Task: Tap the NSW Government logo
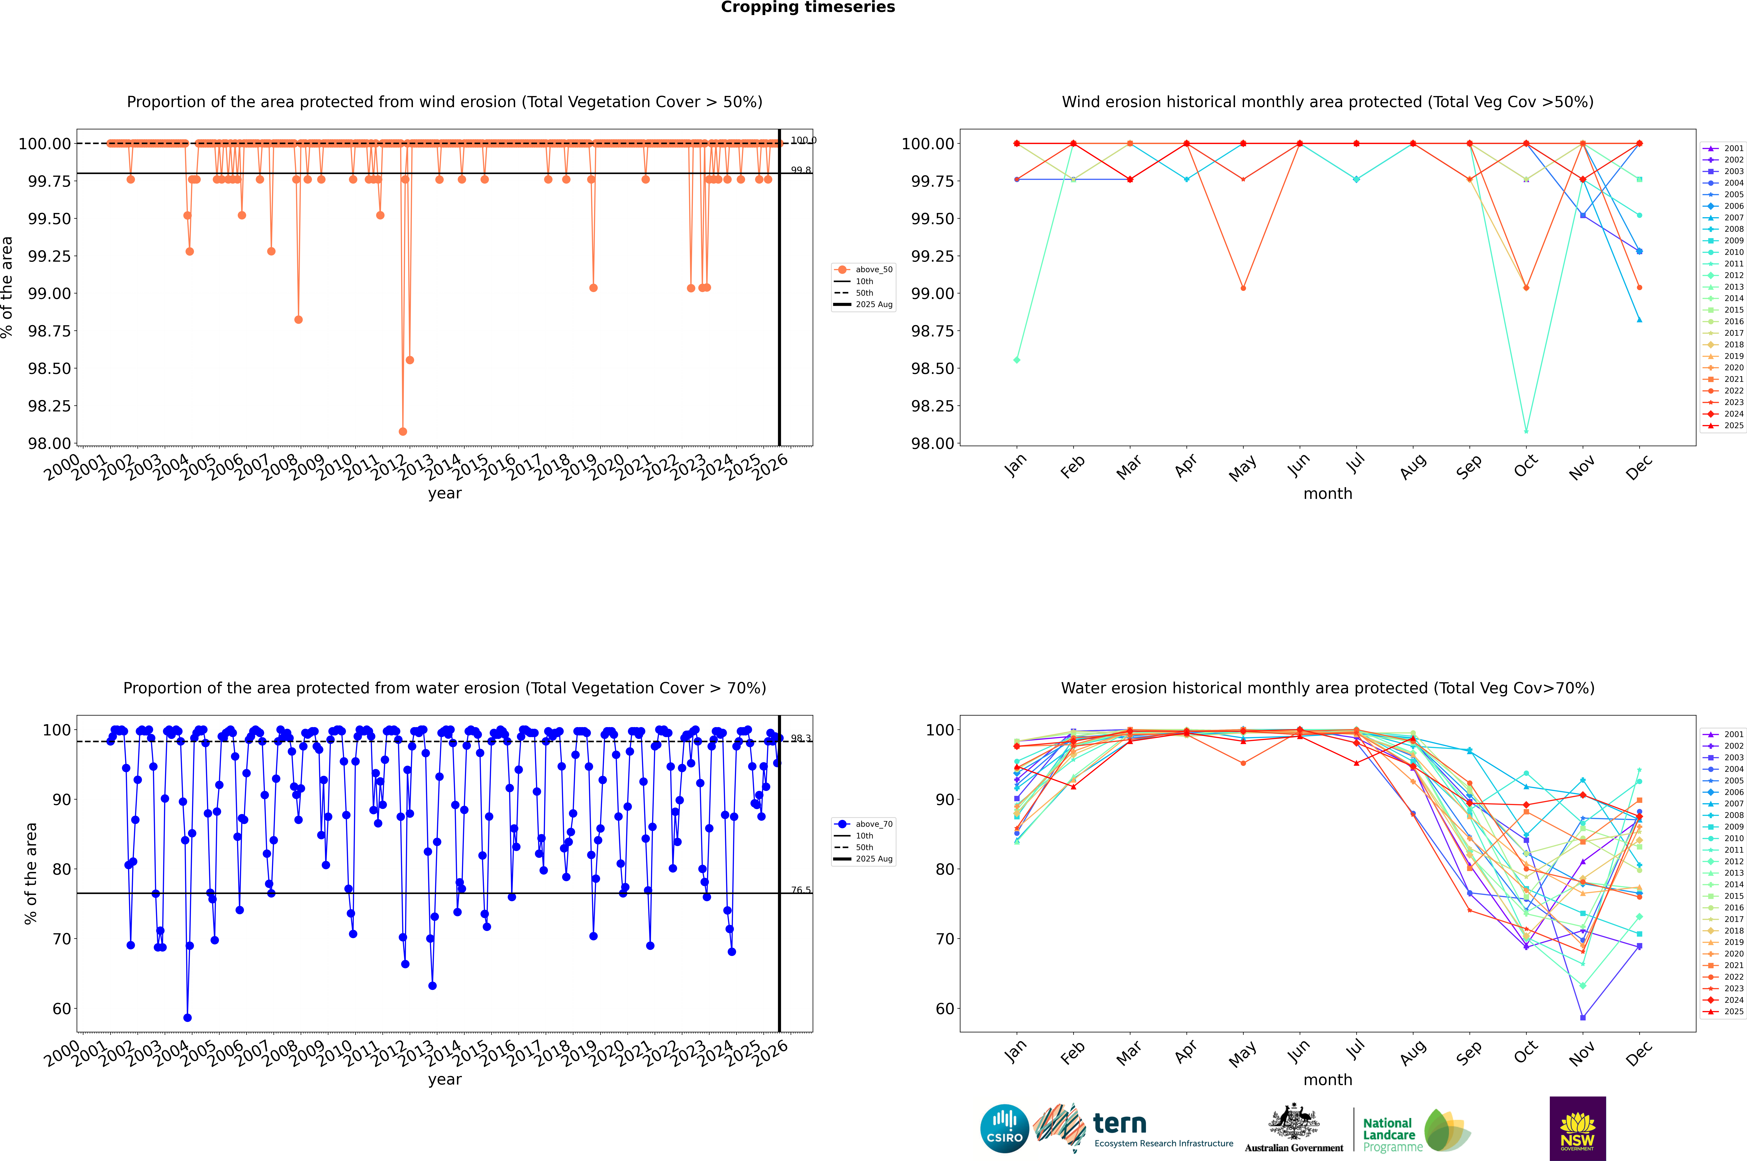(x=1577, y=1128)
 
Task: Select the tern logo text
(x=1120, y=1124)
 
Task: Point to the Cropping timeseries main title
(x=808, y=7)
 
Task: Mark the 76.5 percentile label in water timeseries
(x=801, y=890)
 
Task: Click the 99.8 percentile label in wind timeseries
(x=801, y=170)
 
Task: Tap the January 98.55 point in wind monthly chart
(x=1017, y=360)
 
